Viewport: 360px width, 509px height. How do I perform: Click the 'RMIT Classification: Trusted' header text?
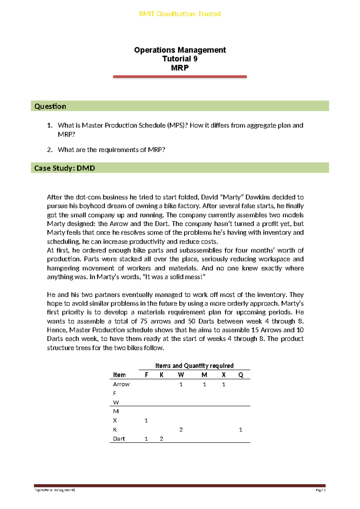click(180, 14)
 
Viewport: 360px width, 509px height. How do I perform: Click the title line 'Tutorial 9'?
click(180, 59)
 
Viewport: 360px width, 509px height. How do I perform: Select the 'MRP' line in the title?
click(180, 68)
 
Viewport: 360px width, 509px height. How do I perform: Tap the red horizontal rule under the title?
click(180, 77)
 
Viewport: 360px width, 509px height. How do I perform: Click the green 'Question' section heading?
click(50, 106)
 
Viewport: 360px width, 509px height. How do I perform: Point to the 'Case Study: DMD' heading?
click(64, 168)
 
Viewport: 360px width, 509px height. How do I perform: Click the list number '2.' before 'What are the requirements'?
click(50, 150)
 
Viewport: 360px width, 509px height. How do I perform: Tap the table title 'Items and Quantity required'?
click(194, 366)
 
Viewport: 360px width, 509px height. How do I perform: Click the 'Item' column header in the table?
click(119, 375)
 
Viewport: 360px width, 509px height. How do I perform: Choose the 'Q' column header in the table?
click(241, 375)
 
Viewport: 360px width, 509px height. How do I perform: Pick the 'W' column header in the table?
click(181, 375)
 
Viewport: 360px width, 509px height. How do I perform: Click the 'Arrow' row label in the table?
click(121, 384)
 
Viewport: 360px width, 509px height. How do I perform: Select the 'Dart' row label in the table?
click(119, 439)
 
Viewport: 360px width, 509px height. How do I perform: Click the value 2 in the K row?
click(181, 430)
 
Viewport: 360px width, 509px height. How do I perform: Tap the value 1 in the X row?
click(146, 420)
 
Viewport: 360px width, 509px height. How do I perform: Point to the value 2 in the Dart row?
click(161, 439)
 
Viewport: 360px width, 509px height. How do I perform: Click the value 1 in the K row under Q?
click(241, 430)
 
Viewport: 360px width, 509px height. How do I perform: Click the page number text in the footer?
click(320, 490)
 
